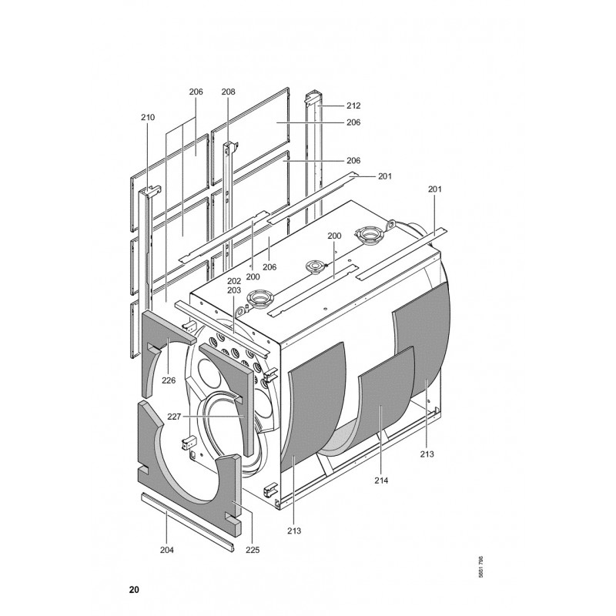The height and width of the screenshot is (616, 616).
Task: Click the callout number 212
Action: click(353, 105)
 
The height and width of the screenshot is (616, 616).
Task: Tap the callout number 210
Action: click(148, 117)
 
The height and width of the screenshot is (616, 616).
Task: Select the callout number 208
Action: click(228, 92)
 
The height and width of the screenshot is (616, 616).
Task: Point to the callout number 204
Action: click(167, 550)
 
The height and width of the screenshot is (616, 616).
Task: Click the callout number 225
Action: click(253, 550)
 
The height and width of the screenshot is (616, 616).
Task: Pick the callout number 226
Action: click(169, 380)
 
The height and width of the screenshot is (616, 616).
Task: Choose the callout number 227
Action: click(175, 417)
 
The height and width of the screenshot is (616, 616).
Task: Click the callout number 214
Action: click(381, 480)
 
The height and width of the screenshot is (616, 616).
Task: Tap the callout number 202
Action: click(234, 281)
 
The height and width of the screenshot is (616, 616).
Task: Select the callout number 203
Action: click(234, 290)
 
